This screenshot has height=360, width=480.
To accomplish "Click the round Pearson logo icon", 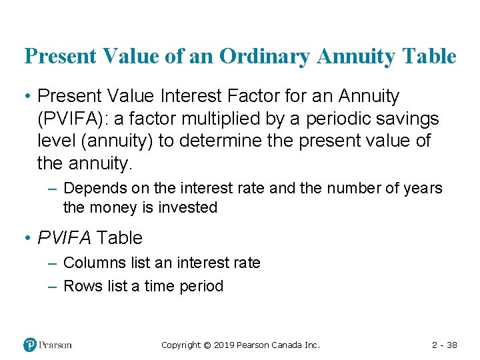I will (31, 345).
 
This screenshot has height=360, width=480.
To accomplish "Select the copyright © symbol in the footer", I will (207, 345).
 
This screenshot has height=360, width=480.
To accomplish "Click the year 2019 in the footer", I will (225, 345).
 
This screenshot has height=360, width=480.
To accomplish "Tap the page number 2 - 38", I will (445, 345).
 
